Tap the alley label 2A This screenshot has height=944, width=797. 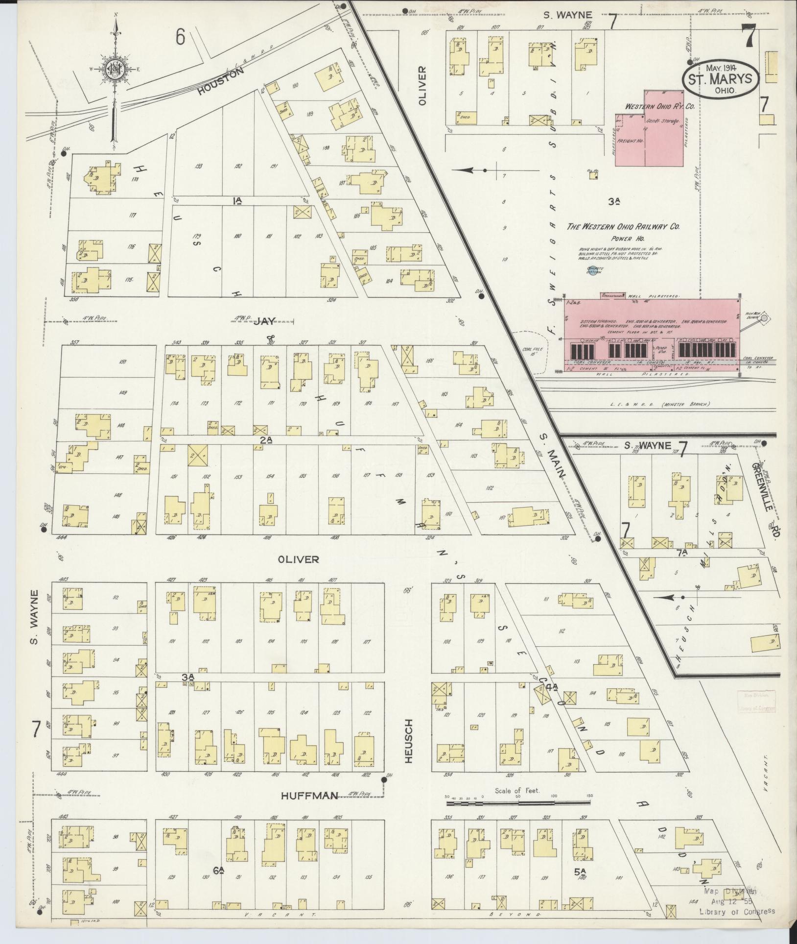[266, 440]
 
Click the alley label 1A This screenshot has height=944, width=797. [238, 200]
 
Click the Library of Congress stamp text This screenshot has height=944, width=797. [737, 912]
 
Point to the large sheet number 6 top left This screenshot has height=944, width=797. [181, 37]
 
